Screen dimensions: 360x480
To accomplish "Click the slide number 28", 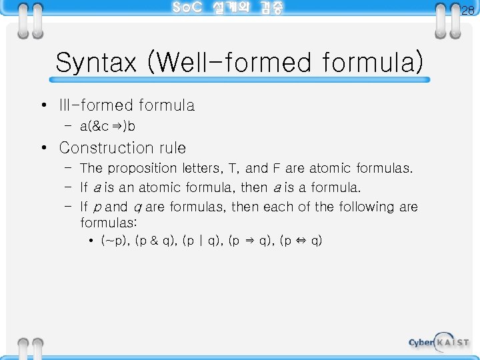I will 467,11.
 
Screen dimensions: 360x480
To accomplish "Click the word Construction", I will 105,147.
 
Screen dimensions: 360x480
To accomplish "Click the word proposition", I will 143,168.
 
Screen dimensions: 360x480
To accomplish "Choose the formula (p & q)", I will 155,240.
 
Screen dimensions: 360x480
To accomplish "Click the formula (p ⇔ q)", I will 301,240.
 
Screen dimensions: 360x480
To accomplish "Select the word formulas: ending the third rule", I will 108,221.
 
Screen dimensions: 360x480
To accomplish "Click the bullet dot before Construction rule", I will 42,147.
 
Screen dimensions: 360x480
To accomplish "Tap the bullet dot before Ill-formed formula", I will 42,105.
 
